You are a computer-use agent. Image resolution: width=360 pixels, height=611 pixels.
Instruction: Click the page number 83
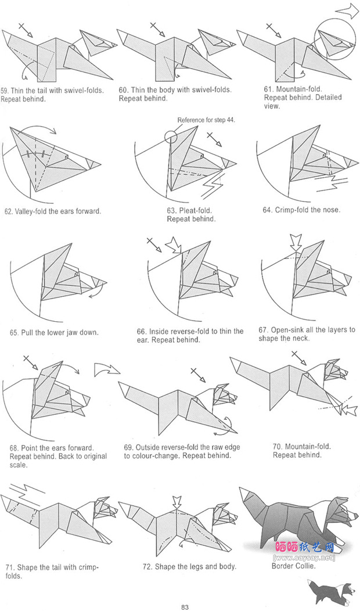tap(185, 608)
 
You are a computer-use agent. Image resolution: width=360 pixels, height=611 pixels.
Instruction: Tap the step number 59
tap(4, 91)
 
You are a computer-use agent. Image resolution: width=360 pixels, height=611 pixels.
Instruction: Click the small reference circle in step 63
tap(171, 136)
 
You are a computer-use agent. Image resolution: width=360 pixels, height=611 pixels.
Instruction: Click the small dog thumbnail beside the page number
tap(325, 594)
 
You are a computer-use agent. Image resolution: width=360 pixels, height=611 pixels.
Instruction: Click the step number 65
tap(14, 333)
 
